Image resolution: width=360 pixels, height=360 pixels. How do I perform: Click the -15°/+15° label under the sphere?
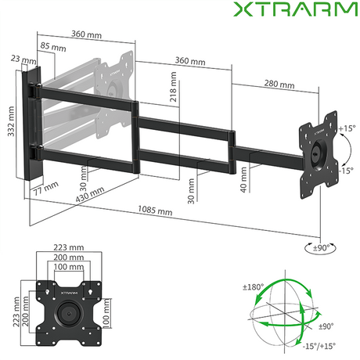point(316,345)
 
